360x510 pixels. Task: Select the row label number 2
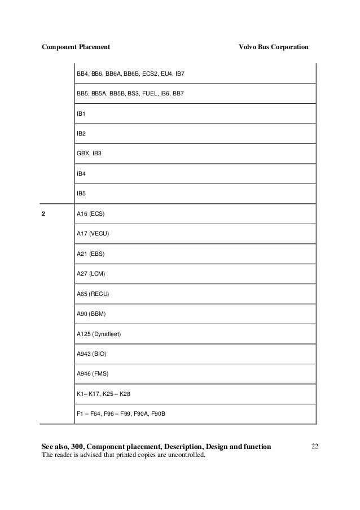coord(44,214)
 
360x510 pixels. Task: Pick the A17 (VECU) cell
coord(93,234)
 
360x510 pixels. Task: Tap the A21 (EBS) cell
coord(90,254)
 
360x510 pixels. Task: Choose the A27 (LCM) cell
coord(91,274)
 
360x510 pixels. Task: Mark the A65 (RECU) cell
coord(93,294)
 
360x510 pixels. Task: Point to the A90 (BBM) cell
coord(91,314)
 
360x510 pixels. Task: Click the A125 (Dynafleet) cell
coord(99,334)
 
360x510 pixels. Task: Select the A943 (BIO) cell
coord(91,354)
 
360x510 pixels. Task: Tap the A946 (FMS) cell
coord(91,374)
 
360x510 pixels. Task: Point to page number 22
coord(315,447)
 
